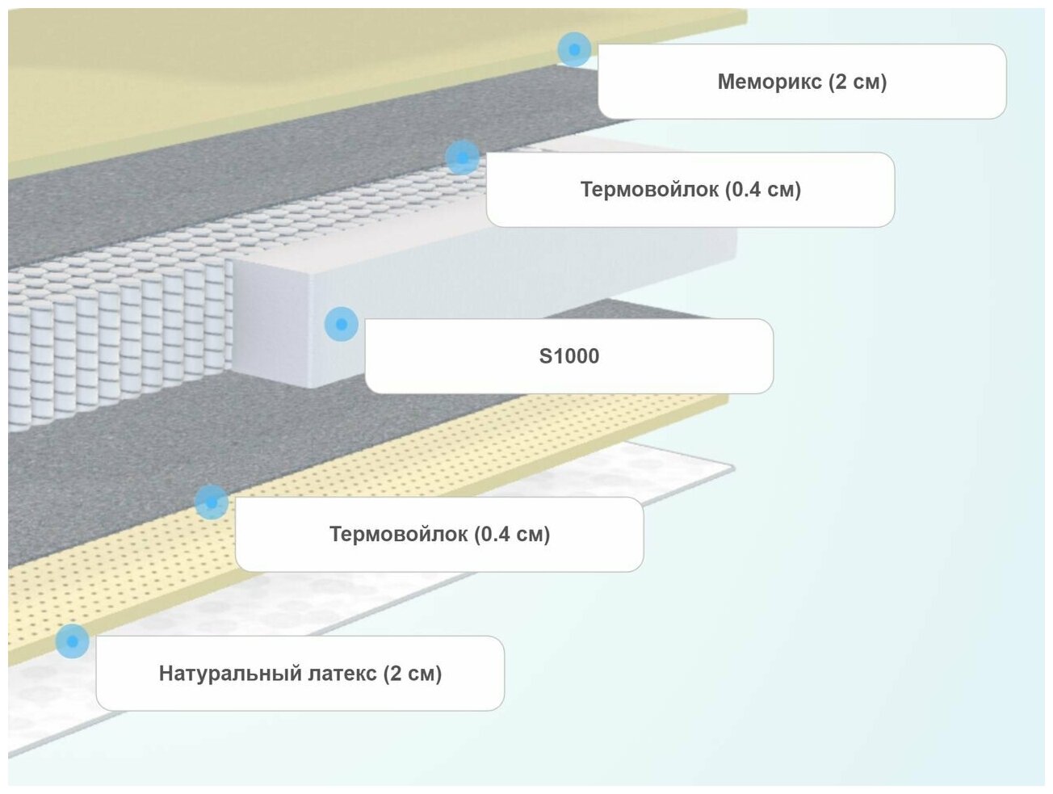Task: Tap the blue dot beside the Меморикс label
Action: click(x=574, y=50)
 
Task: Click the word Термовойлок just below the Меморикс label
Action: click(x=649, y=190)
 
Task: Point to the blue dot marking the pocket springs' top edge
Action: click(x=462, y=158)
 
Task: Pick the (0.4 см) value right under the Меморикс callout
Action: click(x=763, y=190)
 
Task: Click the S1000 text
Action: click(x=569, y=356)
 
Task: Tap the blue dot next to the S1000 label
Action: click(x=342, y=324)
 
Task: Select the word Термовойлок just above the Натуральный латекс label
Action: click(x=398, y=534)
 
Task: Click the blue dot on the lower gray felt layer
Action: click(x=212, y=502)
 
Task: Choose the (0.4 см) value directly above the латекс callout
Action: click(x=512, y=534)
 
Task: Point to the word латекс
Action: click(x=340, y=674)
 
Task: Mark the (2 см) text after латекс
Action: click(x=413, y=674)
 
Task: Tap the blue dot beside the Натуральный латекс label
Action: click(x=73, y=641)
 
